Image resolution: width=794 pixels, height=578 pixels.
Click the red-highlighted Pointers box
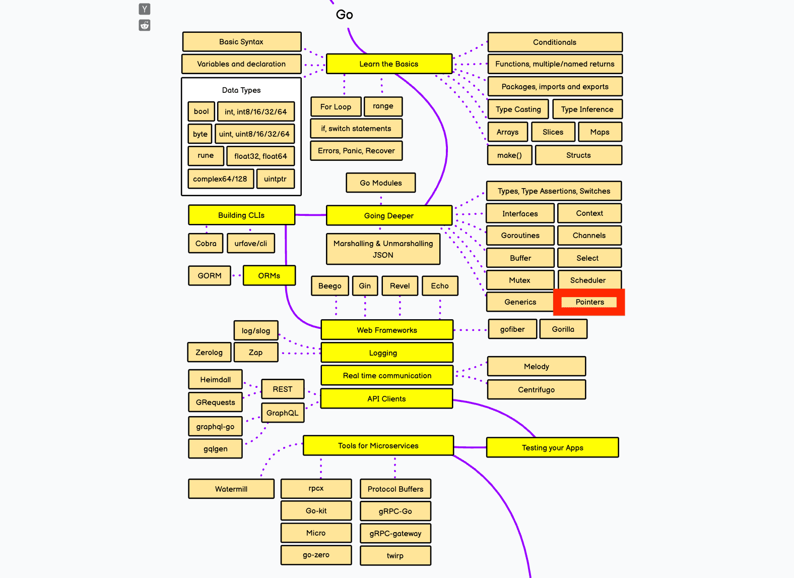tap(589, 302)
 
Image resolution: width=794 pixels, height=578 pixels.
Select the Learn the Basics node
tap(388, 64)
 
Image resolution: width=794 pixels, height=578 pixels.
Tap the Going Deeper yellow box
tap(388, 215)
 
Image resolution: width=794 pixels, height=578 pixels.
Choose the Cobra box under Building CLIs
tap(206, 244)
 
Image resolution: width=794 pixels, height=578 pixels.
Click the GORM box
tap(209, 276)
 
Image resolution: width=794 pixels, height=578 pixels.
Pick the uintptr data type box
tap(275, 179)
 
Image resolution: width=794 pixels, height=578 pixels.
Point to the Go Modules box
tap(380, 183)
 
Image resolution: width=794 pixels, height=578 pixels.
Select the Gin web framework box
tap(365, 286)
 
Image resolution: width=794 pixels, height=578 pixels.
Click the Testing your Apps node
tap(552, 447)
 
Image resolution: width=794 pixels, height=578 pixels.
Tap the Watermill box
tap(231, 489)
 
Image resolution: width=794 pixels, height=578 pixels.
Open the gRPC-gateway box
tap(395, 534)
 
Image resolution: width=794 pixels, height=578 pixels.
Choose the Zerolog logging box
tap(209, 353)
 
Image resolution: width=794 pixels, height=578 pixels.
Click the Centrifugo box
tap(536, 389)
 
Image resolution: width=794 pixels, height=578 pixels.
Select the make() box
tap(509, 155)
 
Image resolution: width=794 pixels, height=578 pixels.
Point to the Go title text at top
tap(345, 15)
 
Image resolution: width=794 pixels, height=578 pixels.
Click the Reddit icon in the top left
tap(145, 25)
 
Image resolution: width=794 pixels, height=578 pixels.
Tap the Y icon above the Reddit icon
tap(145, 9)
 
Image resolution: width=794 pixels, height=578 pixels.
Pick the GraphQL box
tap(282, 413)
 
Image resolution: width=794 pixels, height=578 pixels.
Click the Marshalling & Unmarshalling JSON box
tap(383, 249)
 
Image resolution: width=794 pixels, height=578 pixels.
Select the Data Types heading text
tap(241, 90)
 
